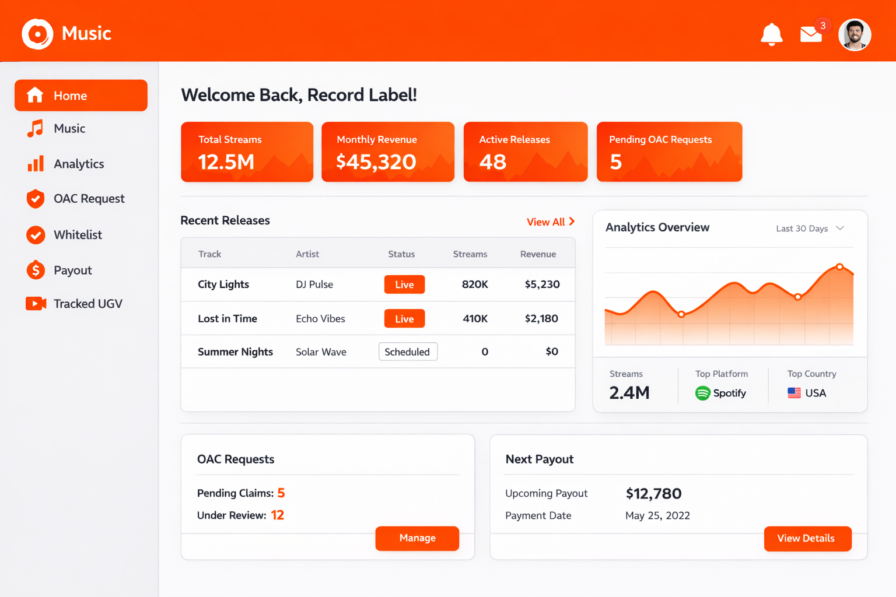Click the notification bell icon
click(x=771, y=34)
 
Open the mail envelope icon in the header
click(x=810, y=35)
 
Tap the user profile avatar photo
click(x=855, y=35)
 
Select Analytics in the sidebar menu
click(x=78, y=164)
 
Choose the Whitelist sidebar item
click(x=77, y=234)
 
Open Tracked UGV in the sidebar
click(x=87, y=304)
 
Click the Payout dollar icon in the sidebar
click(x=36, y=270)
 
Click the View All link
click(x=550, y=222)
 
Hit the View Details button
click(x=807, y=538)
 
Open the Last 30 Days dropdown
click(x=810, y=229)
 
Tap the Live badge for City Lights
click(x=404, y=285)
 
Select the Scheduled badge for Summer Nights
click(x=408, y=352)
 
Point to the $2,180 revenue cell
click(x=541, y=318)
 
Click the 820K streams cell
click(x=475, y=285)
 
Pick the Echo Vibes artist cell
click(x=320, y=318)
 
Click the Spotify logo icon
click(x=702, y=393)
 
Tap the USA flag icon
click(x=794, y=393)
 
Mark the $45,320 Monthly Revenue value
click(x=376, y=161)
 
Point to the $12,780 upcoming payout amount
click(x=653, y=494)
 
